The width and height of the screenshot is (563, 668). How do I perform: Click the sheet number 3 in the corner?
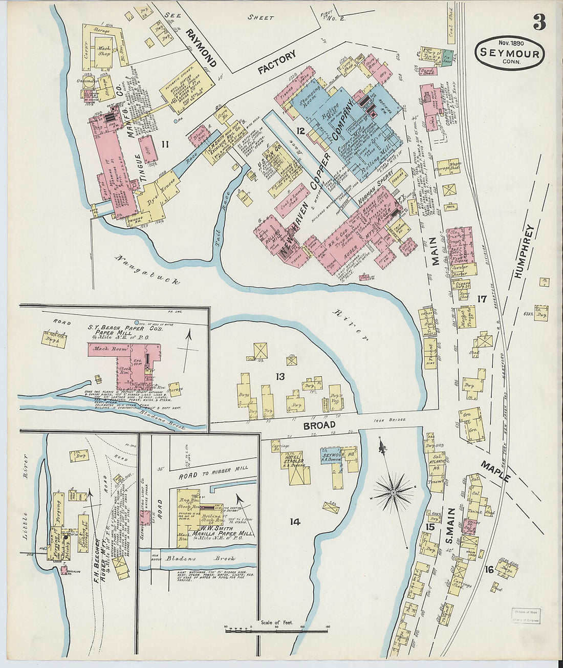coord(539,22)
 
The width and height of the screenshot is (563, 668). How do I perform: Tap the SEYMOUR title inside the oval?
coord(509,54)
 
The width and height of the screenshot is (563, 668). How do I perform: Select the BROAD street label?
coord(319,425)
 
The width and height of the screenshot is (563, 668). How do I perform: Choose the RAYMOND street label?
coord(201,48)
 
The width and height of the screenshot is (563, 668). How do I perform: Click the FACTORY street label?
coord(277,62)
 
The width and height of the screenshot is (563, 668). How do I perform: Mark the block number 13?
coord(280,377)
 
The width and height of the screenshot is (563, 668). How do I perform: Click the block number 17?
coord(481,299)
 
